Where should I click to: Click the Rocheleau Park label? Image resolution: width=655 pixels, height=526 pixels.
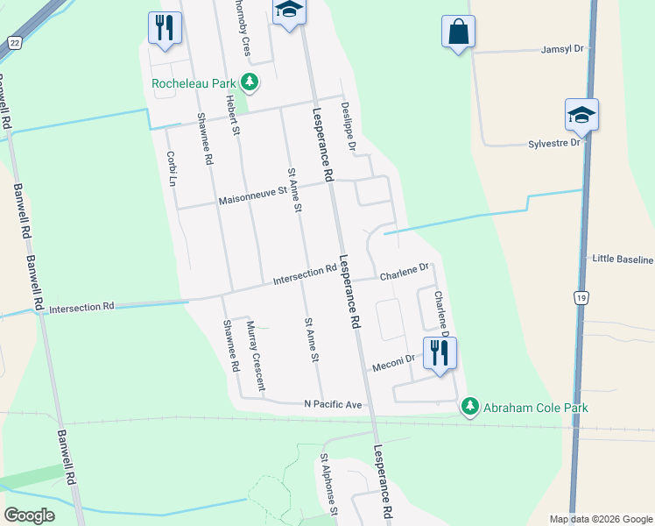point(195,83)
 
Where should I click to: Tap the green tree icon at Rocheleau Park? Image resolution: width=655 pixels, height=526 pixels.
point(251,82)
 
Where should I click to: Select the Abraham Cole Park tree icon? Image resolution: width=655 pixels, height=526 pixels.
point(471,407)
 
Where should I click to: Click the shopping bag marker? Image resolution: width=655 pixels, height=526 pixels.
point(458,32)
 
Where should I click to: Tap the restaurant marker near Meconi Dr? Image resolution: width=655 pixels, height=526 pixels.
point(440,353)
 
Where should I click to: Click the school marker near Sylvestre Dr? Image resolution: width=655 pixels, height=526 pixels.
point(581,115)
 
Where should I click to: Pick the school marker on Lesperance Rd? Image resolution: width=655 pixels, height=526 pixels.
point(289,11)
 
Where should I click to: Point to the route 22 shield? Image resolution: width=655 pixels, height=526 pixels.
point(14,42)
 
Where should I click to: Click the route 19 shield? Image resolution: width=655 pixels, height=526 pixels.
point(581,298)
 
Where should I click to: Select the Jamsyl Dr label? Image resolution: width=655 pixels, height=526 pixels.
point(562,49)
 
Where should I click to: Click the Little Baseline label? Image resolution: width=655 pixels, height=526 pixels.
point(623,259)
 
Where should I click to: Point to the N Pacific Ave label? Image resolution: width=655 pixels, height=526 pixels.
point(333,404)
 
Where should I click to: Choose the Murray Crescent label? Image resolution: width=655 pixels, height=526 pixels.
point(256,355)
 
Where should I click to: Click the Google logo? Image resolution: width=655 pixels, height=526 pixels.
point(29,515)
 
